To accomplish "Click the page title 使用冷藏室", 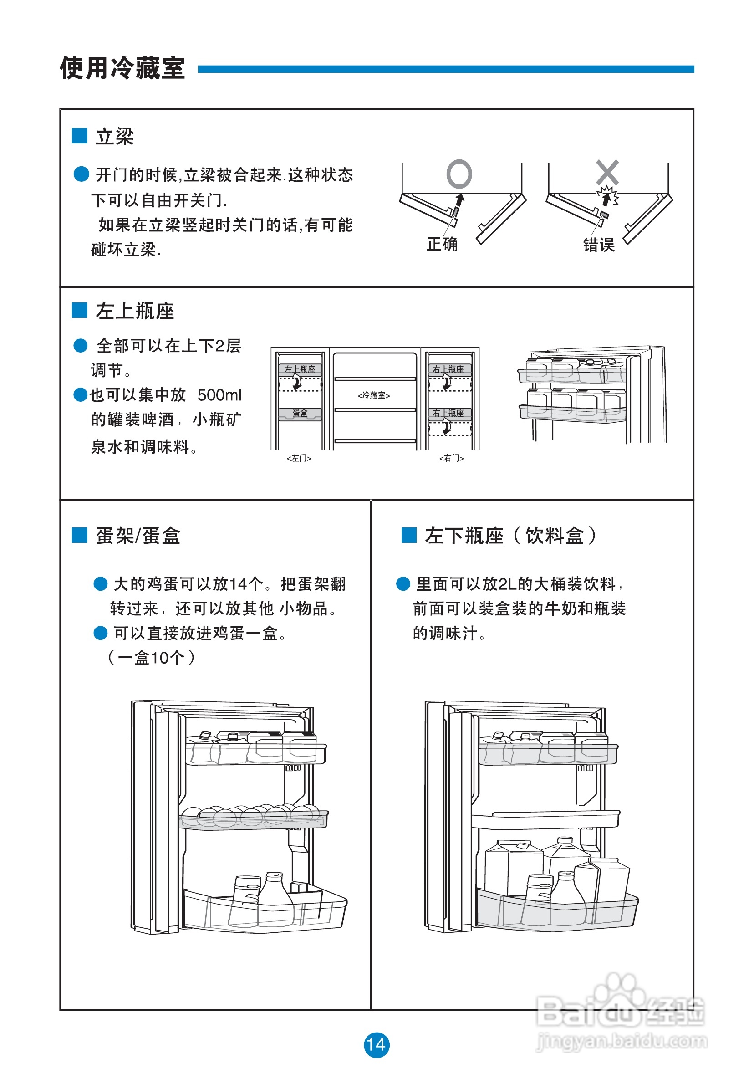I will click(122, 68).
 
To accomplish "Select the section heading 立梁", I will click(115, 137).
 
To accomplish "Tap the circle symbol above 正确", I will click(459, 174).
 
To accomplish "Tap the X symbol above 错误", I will click(607, 172).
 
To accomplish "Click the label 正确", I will click(442, 244).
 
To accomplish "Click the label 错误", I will click(598, 245).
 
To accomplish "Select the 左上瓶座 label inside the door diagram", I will click(300, 369).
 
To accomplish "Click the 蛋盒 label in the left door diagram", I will click(300, 413).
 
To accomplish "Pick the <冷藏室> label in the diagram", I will click(374, 395).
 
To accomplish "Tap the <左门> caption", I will click(299, 458).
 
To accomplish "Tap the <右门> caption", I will click(451, 458).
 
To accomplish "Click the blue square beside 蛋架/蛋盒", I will click(79, 535).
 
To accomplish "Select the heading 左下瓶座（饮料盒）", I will click(510, 535).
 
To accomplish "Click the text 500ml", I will click(219, 395).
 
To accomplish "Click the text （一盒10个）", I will click(151, 657).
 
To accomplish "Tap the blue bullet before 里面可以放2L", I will click(402, 583).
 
